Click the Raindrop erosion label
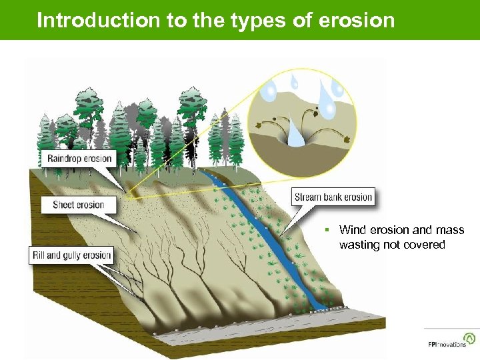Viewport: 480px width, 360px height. coord(80,159)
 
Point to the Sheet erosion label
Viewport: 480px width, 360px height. coord(79,204)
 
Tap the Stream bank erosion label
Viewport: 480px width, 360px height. coord(333,197)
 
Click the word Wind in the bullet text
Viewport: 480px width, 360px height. coord(352,230)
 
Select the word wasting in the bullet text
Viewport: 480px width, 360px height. coord(357,245)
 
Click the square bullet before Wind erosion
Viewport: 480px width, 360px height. coord(328,230)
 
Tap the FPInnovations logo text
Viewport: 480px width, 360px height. coord(447,345)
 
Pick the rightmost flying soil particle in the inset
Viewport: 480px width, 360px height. coord(347,139)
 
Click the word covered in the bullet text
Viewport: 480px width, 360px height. coord(426,245)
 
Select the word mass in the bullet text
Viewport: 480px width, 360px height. coord(451,230)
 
